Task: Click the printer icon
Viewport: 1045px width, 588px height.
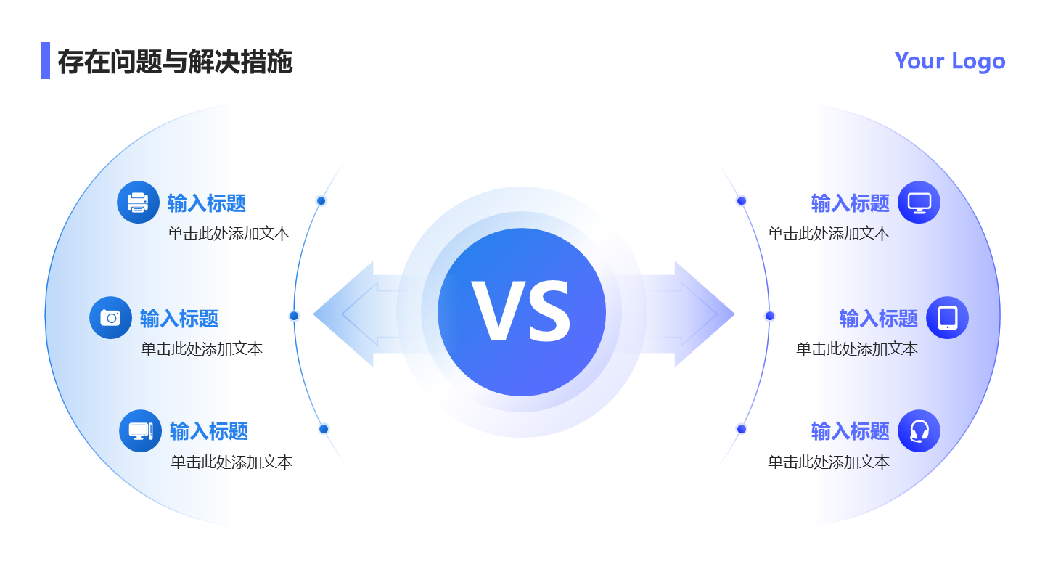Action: coord(138,202)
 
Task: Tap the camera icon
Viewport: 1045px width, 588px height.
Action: coord(110,317)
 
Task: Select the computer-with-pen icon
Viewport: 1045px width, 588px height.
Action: coord(140,430)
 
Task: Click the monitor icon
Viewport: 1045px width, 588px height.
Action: coord(919,202)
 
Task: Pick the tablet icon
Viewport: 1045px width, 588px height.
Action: coord(947,317)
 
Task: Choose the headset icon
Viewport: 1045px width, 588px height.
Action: coord(919,430)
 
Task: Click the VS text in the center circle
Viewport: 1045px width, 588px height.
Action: coord(521,312)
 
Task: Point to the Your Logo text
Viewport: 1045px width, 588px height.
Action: coord(949,60)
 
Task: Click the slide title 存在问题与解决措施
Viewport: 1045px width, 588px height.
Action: coord(175,62)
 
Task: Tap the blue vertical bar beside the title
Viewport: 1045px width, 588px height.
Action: coord(45,60)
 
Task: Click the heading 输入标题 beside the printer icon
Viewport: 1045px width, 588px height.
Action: coord(207,203)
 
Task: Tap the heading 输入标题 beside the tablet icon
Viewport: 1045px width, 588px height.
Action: coord(878,319)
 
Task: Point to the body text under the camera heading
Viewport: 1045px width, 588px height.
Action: coord(202,349)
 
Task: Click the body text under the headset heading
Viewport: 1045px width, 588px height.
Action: coord(829,462)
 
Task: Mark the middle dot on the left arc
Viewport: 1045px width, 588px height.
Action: coord(294,316)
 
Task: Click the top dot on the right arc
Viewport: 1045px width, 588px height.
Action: coord(742,201)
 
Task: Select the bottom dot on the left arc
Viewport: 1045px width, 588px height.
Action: coord(324,429)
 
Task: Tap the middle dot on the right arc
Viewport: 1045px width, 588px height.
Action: coord(770,316)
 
